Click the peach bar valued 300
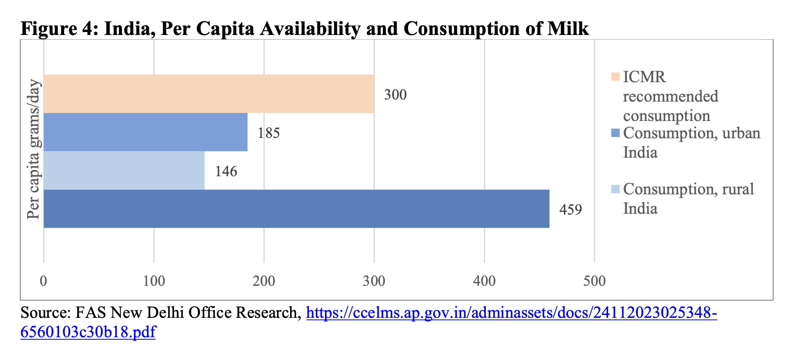pos(209,94)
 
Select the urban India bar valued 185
pos(145,132)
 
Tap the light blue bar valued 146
pos(124,171)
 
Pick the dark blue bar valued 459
pos(296,209)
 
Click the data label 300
pos(395,94)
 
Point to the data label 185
pos(269,133)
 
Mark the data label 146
pos(226,172)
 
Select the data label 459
pos(570,210)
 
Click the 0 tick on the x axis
pos(43,281)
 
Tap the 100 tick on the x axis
pos(154,281)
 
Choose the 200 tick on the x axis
pos(264,281)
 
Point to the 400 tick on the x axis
pos(484,281)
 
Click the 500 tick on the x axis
pos(594,281)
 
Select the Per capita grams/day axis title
pos(33,150)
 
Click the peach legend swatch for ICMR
pos(615,77)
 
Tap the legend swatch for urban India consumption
pos(615,133)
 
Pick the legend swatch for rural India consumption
pos(615,189)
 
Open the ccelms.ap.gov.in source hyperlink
pos(511,313)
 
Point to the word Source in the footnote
pos(45,313)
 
